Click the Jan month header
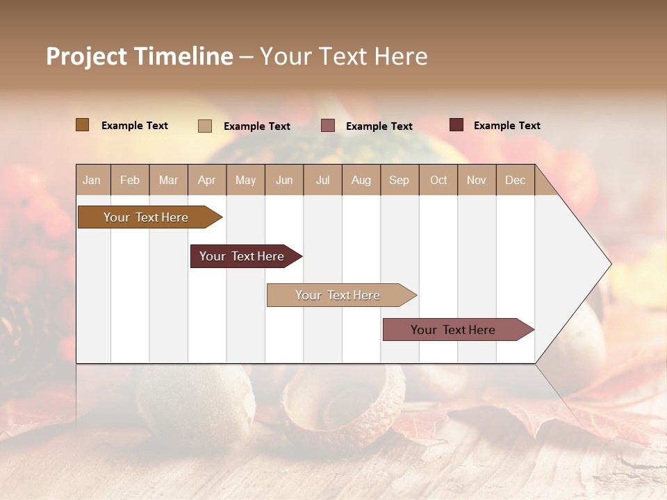click(x=92, y=180)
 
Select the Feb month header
click(x=130, y=180)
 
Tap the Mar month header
click(x=168, y=180)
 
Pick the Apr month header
click(x=207, y=180)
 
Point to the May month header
click(x=245, y=180)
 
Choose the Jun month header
click(x=284, y=180)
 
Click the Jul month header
click(x=322, y=180)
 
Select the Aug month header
click(x=361, y=180)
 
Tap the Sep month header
click(x=400, y=180)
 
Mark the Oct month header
click(x=438, y=180)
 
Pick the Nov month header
click(x=477, y=180)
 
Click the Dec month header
click(x=515, y=180)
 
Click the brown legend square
click(x=83, y=125)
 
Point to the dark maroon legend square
click(x=456, y=125)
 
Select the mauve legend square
click(x=328, y=126)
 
